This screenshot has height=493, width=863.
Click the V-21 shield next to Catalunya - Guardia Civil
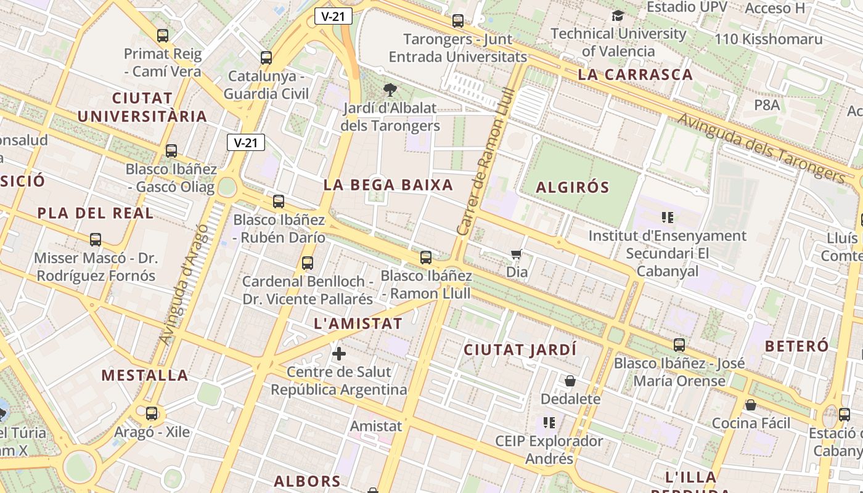[x=333, y=16]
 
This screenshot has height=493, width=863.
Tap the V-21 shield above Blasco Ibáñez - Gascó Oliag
[x=246, y=143]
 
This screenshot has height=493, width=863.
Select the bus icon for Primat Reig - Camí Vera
[x=163, y=36]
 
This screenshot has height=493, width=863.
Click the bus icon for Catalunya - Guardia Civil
[x=266, y=58]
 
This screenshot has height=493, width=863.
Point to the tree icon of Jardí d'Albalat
[x=390, y=90]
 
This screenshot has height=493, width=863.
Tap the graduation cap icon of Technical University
[x=618, y=16]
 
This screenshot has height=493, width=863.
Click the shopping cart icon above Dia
[x=517, y=254]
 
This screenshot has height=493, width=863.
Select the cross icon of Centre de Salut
[x=339, y=354]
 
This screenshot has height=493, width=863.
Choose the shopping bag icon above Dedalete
[x=570, y=381]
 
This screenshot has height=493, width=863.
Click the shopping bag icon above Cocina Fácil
[x=751, y=405]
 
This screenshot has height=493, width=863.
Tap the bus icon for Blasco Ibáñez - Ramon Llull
[x=426, y=258]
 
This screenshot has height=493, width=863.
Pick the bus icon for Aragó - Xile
[x=152, y=414]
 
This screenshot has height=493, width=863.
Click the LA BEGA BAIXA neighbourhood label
[x=388, y=185]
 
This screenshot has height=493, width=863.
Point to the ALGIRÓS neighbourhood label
[x=573, y=187]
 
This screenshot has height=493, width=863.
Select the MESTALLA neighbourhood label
[x=145, y=375]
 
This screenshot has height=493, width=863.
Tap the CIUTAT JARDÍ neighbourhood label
[x=520, y=350]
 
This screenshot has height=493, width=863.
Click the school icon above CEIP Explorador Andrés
[x=549, y=423]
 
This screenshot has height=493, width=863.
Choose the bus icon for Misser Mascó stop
[x=96, y=240]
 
